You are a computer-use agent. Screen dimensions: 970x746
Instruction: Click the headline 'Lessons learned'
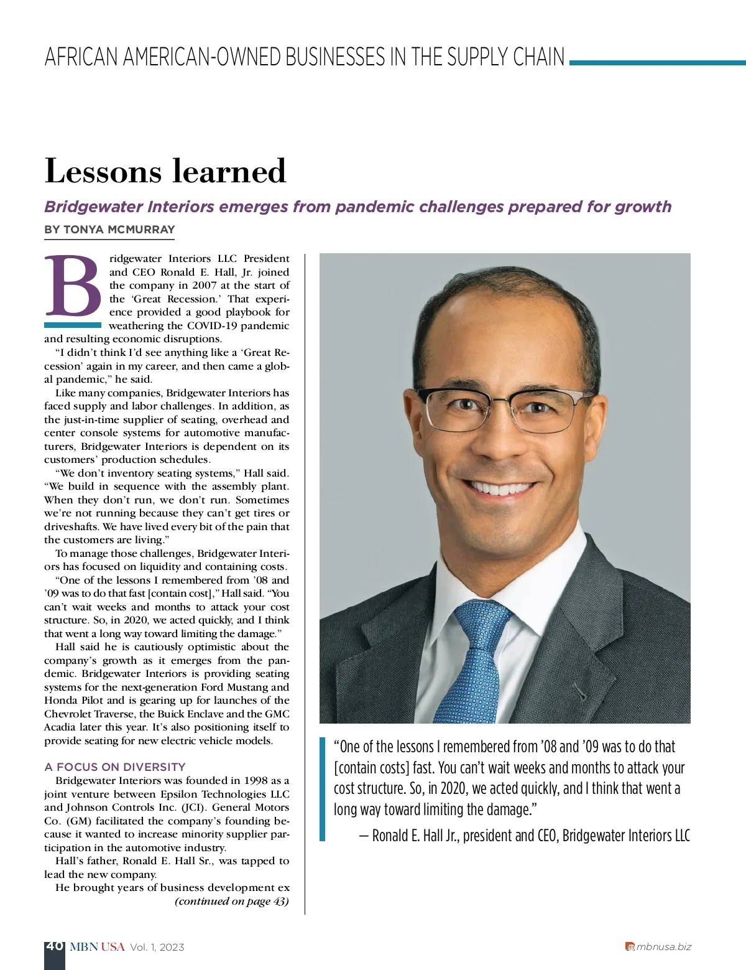pyautogui.click(x=165, y=171)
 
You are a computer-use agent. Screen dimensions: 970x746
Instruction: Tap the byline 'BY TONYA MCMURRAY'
pyautogui.click(x=109, y=230)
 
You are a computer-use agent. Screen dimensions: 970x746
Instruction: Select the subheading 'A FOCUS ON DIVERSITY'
pyautogui.click(x=115, y=767)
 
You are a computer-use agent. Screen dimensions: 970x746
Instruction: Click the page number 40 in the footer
pyautogui.click(x=54, y=946)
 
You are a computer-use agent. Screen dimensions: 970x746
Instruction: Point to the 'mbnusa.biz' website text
pyautogui.click(x=663, y=947)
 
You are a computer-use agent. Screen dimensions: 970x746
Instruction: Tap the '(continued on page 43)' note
pyautogui.click(x=232, y=901)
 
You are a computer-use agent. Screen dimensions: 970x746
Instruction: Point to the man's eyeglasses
pyautogui.click(x=504, y=408)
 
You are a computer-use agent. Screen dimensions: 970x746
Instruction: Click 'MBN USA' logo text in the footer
pyautogui.click(x=97, y=947)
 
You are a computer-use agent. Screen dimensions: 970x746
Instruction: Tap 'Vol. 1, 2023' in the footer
pyautogui.click(x=157, y=947)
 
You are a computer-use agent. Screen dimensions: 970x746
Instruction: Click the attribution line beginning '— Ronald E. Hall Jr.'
pyautogui.click(x=524, y=836)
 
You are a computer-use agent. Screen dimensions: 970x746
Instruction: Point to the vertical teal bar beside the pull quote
pyautogui.click(x=322, y=789)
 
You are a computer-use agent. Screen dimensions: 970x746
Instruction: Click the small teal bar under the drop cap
pyautogui.click(x=73, y=325)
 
